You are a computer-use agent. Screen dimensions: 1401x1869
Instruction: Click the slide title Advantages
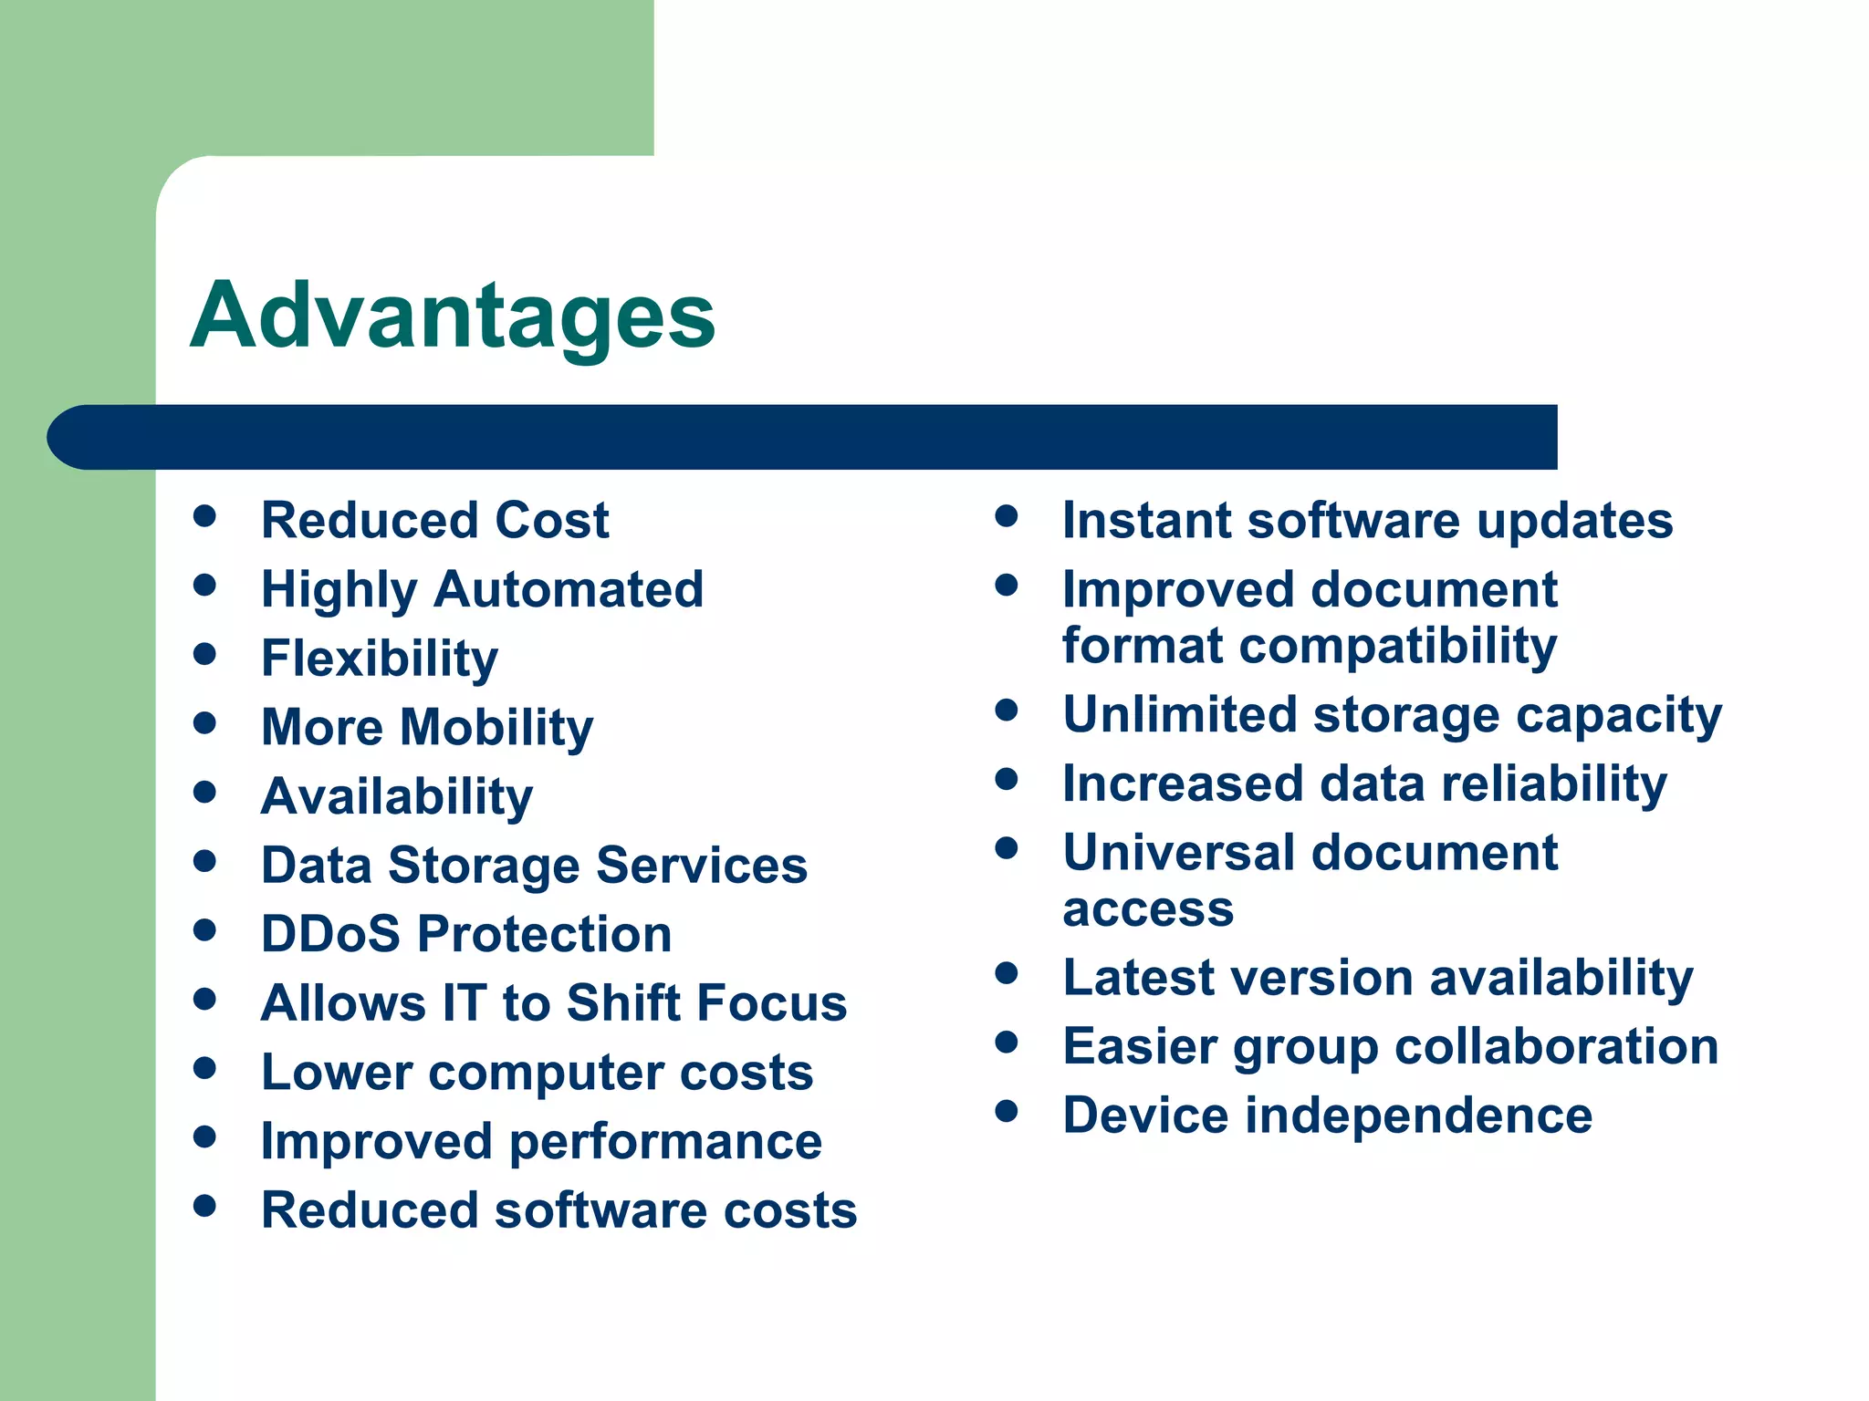click(x=453, y=316)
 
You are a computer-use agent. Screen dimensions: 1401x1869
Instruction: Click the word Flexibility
click(x=380, y=659)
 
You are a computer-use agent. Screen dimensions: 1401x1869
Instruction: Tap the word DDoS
click(x=330, y=934)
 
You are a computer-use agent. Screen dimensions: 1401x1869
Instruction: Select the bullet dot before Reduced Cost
click(x=204, y=516)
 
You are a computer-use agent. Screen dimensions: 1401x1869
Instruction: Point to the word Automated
click(x=569, y=589)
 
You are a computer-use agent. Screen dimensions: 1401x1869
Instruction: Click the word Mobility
click(x=496, y=728)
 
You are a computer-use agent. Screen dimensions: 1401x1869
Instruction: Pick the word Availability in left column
click(x=397, y=796)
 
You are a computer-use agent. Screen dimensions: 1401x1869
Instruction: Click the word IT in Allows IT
click(x=464, y=1003)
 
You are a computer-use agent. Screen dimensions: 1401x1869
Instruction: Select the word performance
click(x=665, y=1141)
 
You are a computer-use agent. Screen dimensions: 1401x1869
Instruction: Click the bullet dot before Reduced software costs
click(x=204, y=1207)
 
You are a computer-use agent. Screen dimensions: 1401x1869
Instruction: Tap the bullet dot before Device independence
click(x=1007, y=1111)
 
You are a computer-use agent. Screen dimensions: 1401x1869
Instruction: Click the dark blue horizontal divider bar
click(x=803, y=437)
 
